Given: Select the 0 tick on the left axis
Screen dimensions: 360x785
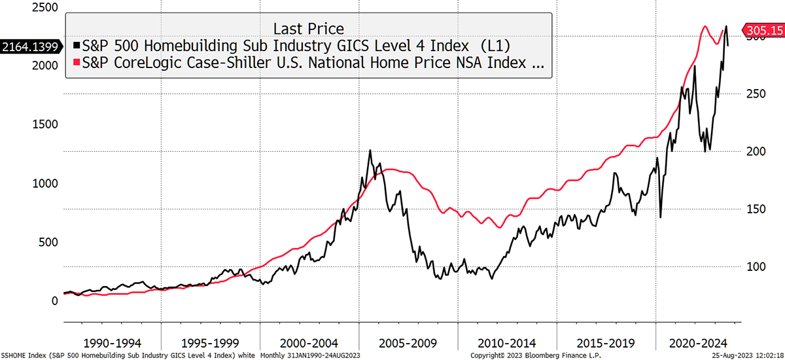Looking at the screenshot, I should tap(54, 300).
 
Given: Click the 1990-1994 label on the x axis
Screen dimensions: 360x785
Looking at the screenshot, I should tap(113, 342).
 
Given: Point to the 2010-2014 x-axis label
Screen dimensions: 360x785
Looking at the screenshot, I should tap(507, 342).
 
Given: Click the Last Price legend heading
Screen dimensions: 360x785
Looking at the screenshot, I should tap(308, 28).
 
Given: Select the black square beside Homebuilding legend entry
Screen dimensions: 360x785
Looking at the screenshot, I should tap(77, 46).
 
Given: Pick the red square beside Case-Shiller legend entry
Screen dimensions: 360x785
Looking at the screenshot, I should tap(77, 63).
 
